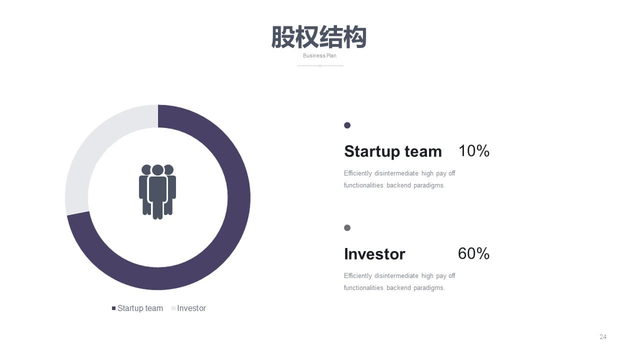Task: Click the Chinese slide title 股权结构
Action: [319, 37]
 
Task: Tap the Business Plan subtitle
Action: [319, 55]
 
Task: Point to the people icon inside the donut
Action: [157, 191]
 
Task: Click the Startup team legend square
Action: [113, 308]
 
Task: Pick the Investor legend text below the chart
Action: [191, 308]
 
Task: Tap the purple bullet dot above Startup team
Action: [347, 125]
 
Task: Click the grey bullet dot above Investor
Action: [347, 227]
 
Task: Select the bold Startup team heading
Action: [393, 151]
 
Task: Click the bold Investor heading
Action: [374, 254]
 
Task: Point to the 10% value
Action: [474, 151]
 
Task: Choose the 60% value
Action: [473, 253]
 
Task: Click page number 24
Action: [603, 337]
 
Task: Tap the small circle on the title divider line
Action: [320, 65]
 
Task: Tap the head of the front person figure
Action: [157, 170]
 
